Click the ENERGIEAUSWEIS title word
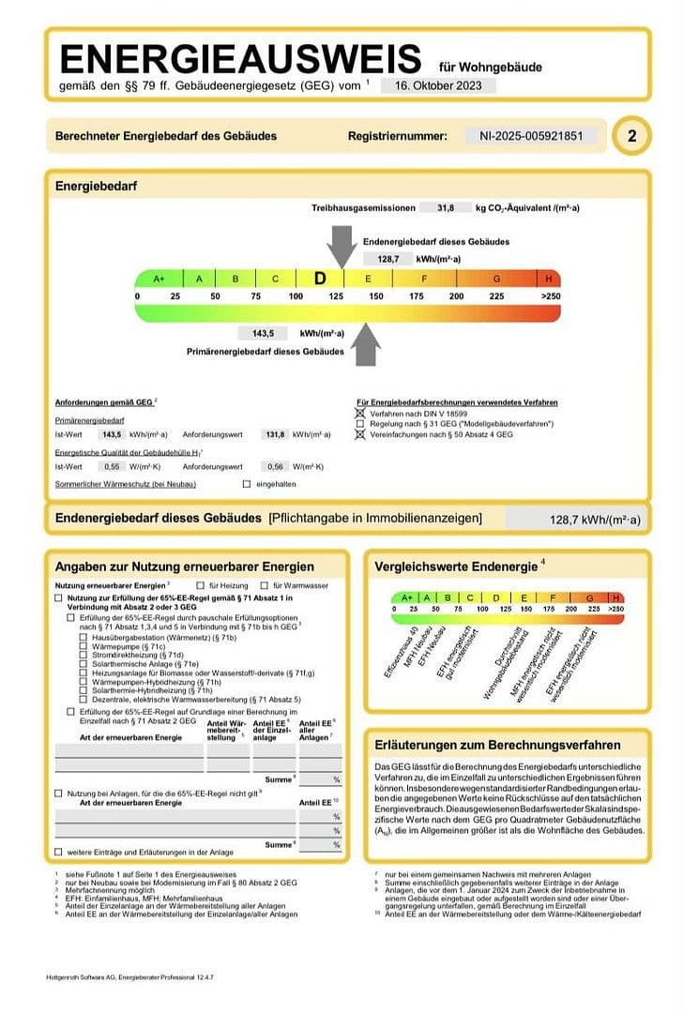pyautogui.click(x=240, y=58)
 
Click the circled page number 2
pyautogui.click(x=631, y=137)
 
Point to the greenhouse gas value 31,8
pyautogui.click(x=446, y=207)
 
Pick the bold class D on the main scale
pyautogui.click(x=320, y=279)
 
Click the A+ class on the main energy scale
pyautogui.click(x=159, y=279)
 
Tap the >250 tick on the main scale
pyautogui.click(x=550, y=296)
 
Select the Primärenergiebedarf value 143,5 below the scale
pyautogui.click(x=263, y=333)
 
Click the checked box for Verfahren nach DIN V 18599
pyautogui.click(x=359, y=414)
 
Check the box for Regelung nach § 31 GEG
pyautogui.click(x=359, y=424)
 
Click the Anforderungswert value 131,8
pyautogui.click(x=275, y=434)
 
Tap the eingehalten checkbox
pyautogui.click(x=247, y=484)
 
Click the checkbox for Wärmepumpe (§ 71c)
pyautogui.click(x=84, y=646)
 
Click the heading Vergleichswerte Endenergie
pyautogui.click(x=455, y=567)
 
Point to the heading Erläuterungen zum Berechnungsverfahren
pyautogui.click(x=497, y=746)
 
